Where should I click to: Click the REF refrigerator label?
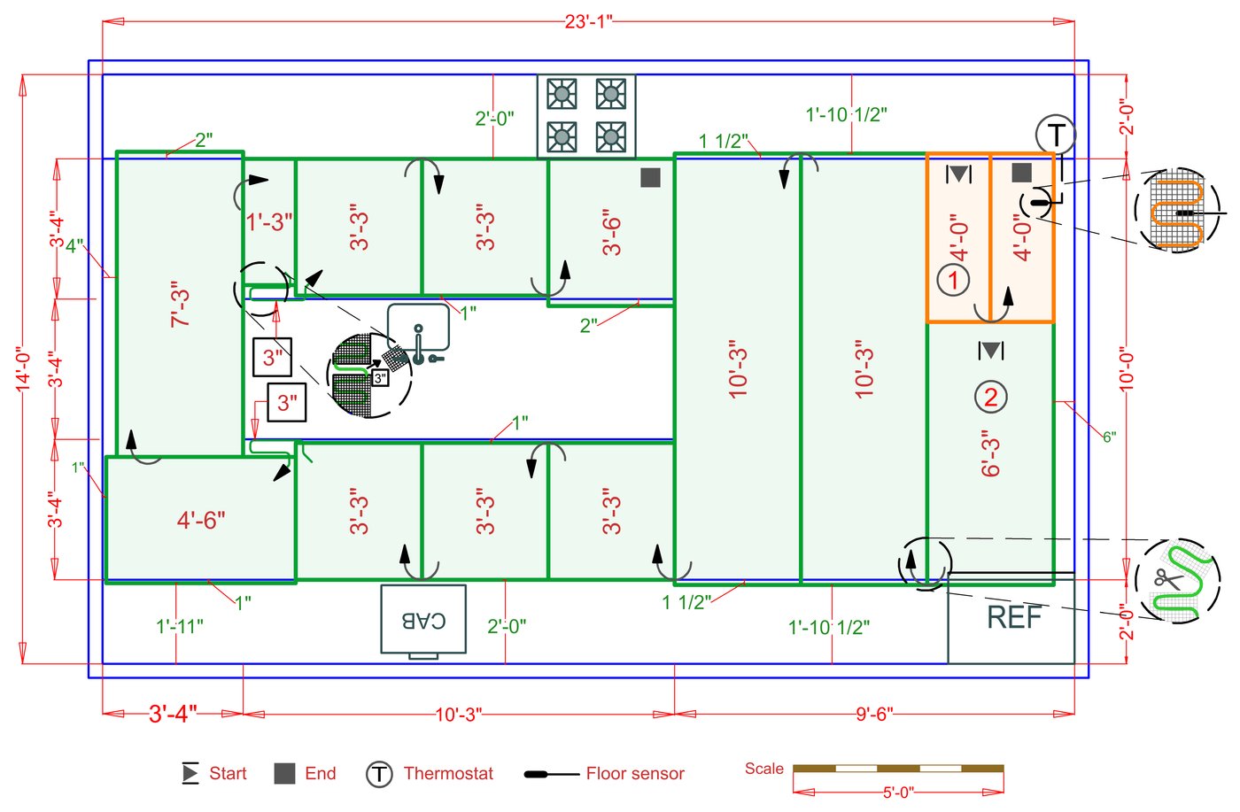[1014, 617]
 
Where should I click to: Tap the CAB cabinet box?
[423, 620]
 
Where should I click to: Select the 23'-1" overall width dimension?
[588, 21]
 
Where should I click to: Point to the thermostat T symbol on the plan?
[1056, 135]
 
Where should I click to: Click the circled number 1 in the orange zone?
[953, 281]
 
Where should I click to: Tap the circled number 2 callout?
[990, 398]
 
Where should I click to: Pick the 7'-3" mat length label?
[181, 306]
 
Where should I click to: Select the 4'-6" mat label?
[201, 520]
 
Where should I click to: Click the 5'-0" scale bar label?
[897, 793]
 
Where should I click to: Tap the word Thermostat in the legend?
[448, 774]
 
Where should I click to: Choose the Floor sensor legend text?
[635, 774]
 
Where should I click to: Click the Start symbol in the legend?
[190, 773]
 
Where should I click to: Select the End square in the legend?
[284, 773]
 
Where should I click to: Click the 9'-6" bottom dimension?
[874, 714]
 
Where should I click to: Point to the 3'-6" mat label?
[611, 232]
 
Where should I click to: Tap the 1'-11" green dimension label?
[180, 627]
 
